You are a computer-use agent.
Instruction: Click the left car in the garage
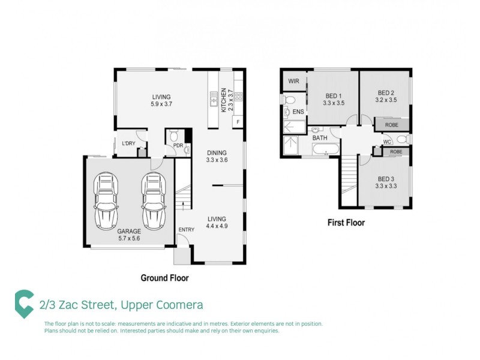tap(106, 200)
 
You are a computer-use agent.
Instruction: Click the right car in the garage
tap(153, 200)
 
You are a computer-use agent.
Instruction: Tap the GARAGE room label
tap(129, 231)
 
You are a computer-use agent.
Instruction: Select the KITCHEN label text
tap(223, 99)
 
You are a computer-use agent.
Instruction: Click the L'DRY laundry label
tap(128, 143)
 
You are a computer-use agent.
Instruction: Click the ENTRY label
tap(186, 230)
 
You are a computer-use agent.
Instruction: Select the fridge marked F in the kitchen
tap(238, 122)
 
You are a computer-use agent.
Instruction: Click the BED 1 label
tap(334, 96)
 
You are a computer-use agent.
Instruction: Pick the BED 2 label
tap(386, 92)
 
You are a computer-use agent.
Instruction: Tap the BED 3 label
tap(386, 178)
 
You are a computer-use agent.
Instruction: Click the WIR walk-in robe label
tap(294, 81)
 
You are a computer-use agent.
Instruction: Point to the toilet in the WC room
tap(402, 140)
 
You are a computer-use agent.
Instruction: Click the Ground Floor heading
tap(164, 278)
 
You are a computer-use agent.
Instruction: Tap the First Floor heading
tap(346, 223)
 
